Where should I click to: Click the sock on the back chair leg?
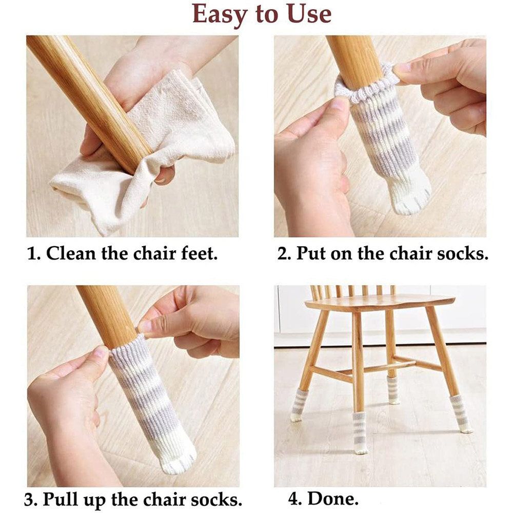click(393, 389)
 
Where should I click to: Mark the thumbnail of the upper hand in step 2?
click(402, 68)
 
